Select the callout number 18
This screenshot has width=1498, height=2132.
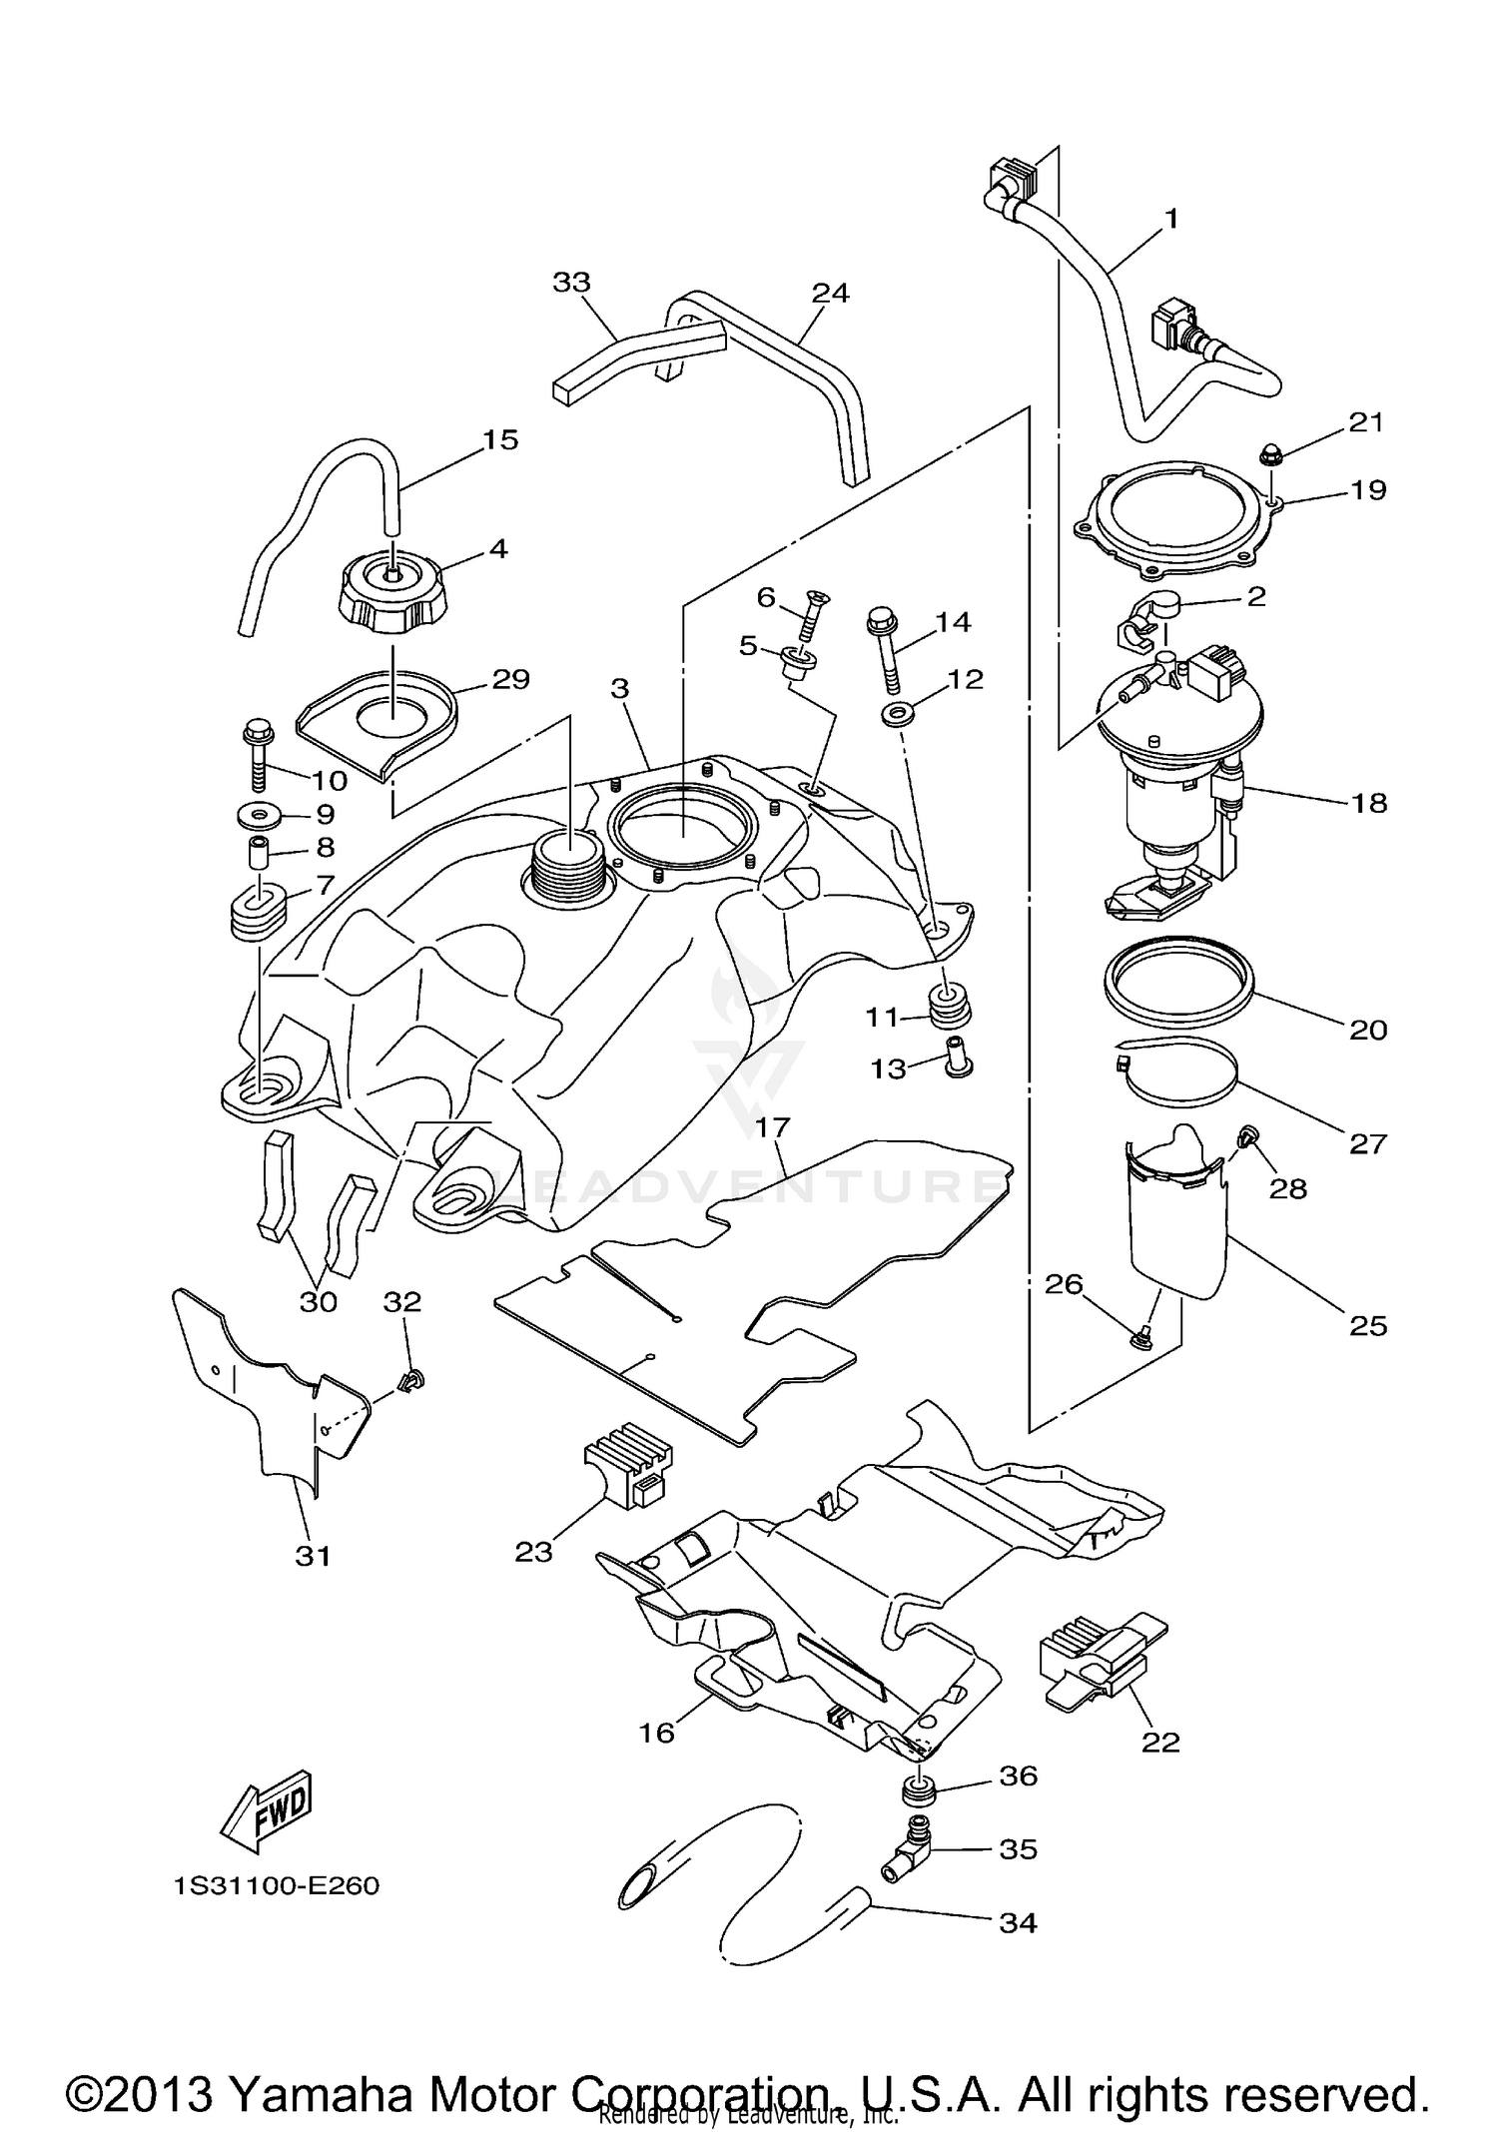tap(1369, 803)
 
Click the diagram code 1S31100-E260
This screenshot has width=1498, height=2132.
tap(277, 1886)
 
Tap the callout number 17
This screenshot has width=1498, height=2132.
tap(773, 1127)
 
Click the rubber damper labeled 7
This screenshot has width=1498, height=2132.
tap(258, 909)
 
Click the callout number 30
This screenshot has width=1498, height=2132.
tap(319, 1301)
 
